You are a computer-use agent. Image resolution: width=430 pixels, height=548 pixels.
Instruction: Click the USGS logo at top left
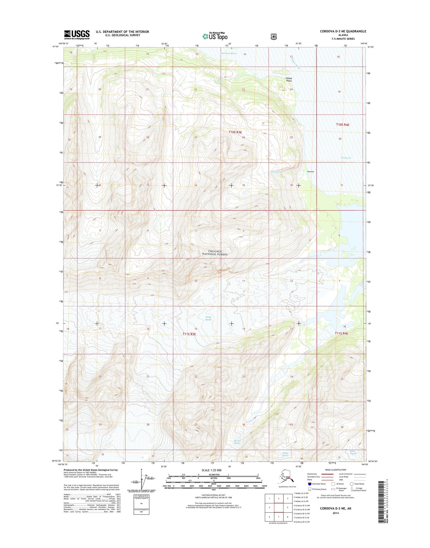tap(77, 35)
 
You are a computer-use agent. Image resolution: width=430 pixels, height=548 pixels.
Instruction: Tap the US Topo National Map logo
tap(215, 36)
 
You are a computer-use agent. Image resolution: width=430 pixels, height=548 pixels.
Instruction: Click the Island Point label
tap(289, 79)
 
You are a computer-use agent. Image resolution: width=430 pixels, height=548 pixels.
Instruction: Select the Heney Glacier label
tap(208, 318)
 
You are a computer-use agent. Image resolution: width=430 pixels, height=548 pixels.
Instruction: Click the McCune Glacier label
tap(237, 442)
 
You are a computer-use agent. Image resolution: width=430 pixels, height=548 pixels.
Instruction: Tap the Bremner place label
tap(311, 172)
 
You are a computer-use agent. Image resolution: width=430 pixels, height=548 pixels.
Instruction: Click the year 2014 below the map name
tap(335, 513)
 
